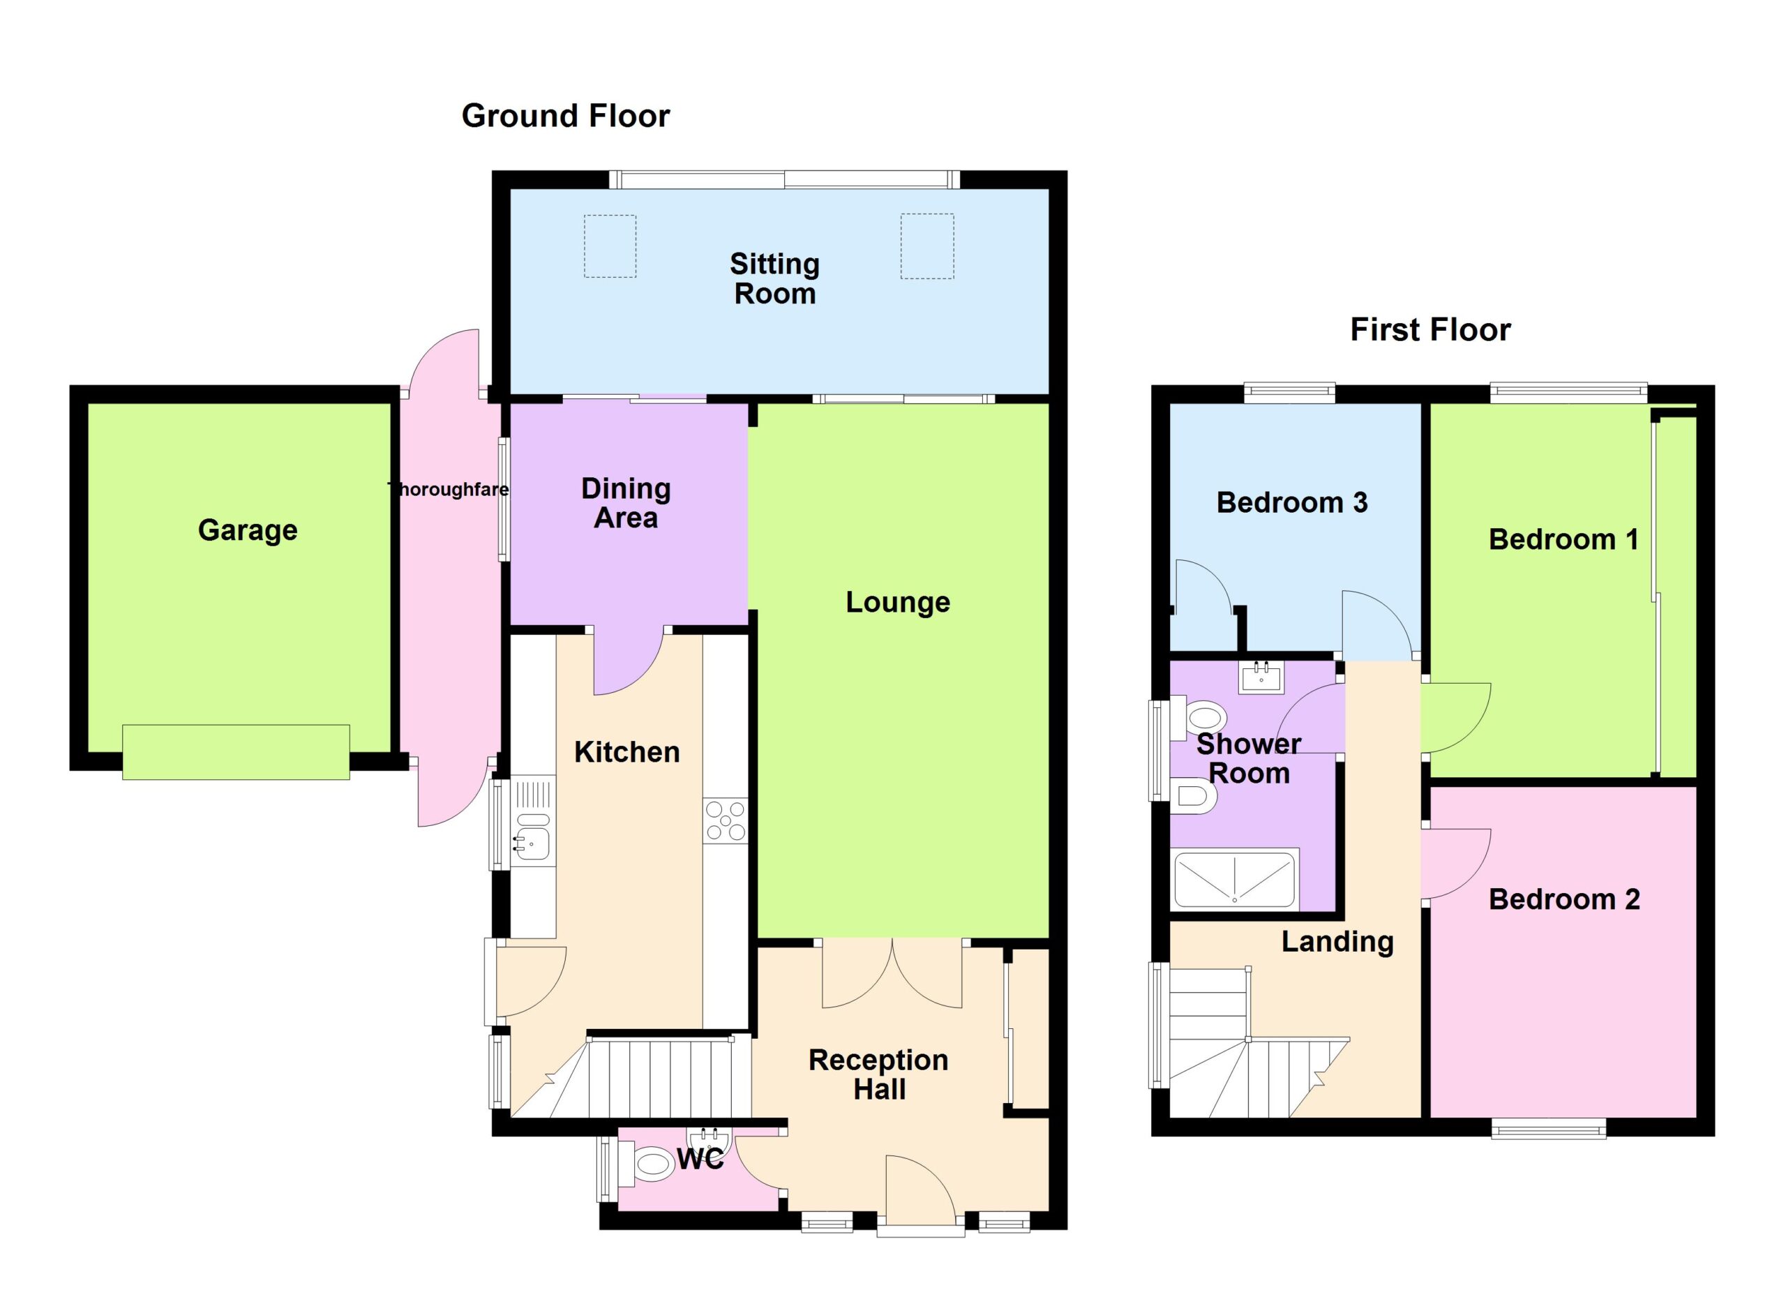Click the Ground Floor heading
pos(565,116)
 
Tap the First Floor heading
pos(1430,329)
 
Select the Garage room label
pos(247,531)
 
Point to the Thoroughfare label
pos(449,489)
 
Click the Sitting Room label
pos(775,278)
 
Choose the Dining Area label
pos(626,503)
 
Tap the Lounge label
pos(898,602)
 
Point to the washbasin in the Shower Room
pos(1261,677)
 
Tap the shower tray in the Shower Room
pos(1234,880)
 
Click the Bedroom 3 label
pos(1292,502)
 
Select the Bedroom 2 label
pos(1564,899)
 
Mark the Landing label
pos(1337,942)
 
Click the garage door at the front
pos(235,752)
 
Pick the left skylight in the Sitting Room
pos(610,246)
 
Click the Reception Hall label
pos(879,1074)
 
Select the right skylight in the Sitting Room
pos(928,246)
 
